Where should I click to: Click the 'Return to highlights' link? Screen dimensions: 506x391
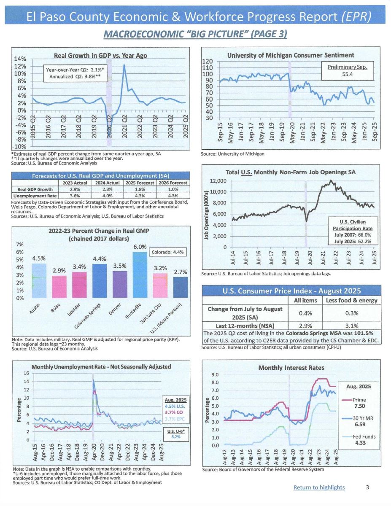(x=319, y=487)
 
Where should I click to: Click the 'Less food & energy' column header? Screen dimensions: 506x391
(x=352, y=300)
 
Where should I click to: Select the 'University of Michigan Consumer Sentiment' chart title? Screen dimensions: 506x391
(x=290, y=55)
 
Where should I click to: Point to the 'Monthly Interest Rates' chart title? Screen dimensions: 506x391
(x=291, y=368)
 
